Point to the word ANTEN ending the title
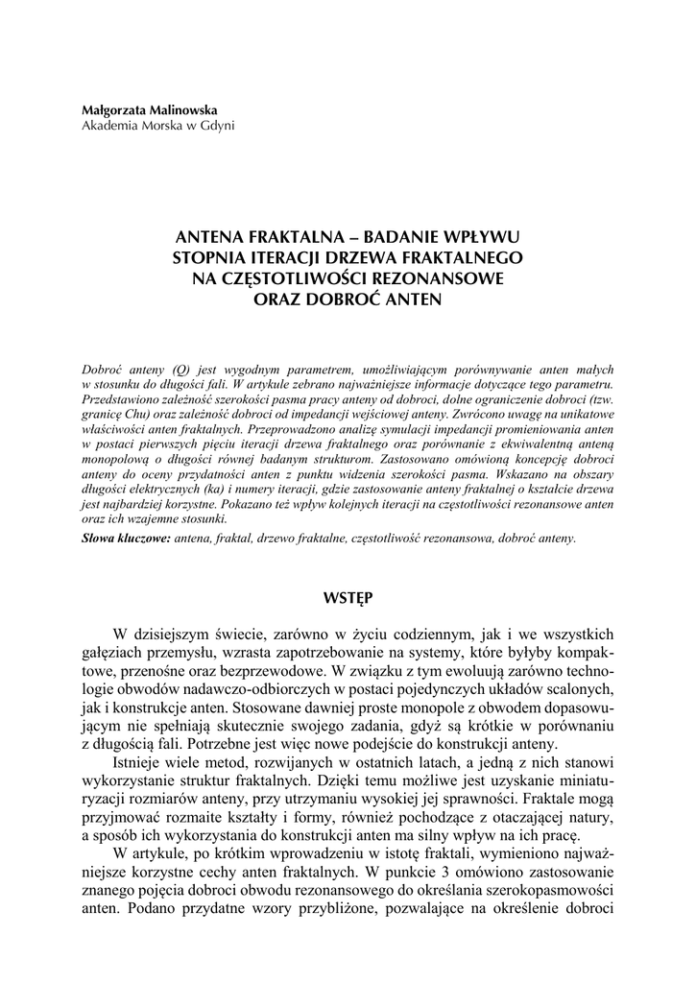click(x=414, y=299)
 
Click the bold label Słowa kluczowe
click(x=127, y=539)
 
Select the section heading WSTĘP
click(x=348, y=597)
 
